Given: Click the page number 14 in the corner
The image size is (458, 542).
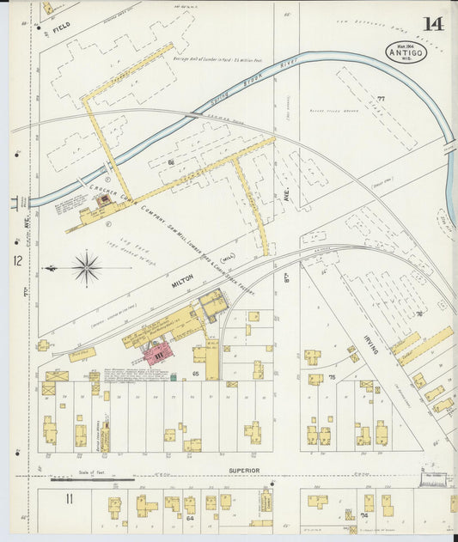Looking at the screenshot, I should [433, 23].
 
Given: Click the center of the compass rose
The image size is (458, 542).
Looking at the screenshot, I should [87, 268].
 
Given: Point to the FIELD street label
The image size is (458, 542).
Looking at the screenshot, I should [61, 28].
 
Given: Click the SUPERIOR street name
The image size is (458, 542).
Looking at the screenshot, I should [243, 471].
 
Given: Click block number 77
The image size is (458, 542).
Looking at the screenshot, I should [381, 100].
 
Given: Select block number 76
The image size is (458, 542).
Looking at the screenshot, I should [420, 314].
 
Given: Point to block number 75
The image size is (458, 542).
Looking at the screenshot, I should [331, 377].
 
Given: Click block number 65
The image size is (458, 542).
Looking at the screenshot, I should [196, 375].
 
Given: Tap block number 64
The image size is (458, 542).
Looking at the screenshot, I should [189, 518].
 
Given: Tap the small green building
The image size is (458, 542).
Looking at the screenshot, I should [173, 376].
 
